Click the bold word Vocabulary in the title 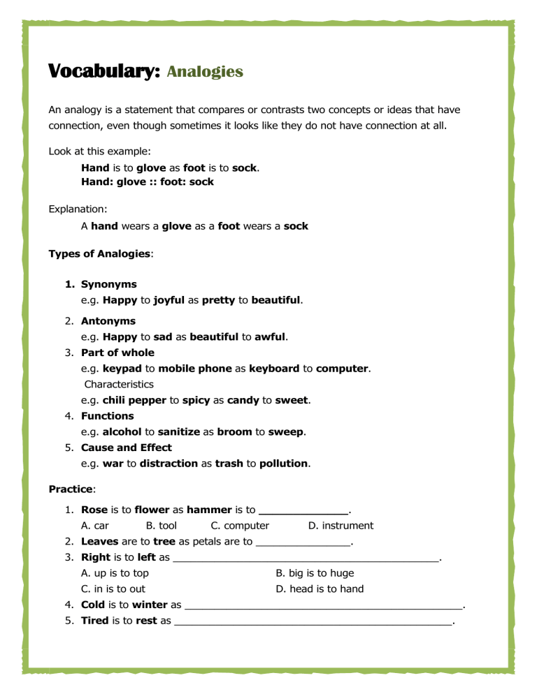104,72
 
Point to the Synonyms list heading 109,284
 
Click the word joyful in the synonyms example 169,301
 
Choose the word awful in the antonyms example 272,337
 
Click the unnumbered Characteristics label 119,384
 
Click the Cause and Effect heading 126,448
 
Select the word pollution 284,463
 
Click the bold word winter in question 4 149,604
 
